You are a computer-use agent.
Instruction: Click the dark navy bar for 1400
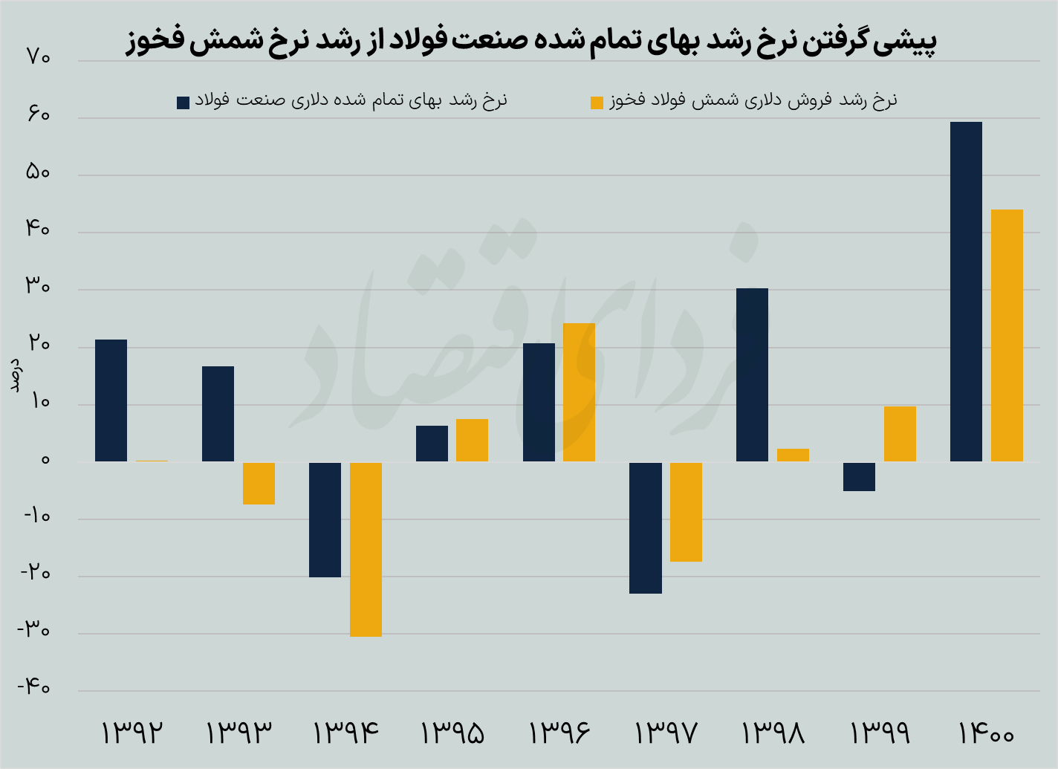pyautogui.click(x=966, y=291)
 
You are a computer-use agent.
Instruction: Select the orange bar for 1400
pyautogui.click(x=1007, y=335)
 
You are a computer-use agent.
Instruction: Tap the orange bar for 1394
pyautogui.click(x=366, y=549)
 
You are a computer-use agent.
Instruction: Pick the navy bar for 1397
pyautogui.click(x=646, y=528)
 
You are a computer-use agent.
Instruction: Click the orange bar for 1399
pyautogui.click(x=900, y=434)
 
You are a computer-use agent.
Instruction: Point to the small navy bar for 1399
pyautogui.click(x=859, y=476)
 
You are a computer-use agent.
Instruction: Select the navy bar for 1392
pyautogui.click(x=111, y=400)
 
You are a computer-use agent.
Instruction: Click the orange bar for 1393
pyautogui.click(x=259, y=483)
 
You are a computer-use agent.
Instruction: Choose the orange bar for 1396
pyautogui.click(x=579, y=392)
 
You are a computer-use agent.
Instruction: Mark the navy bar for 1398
pyautogui.click(x=752, y=374)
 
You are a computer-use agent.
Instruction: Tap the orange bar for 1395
pyautogui.click(x=472, y=440)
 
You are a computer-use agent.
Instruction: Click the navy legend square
pyautogui.click(x=183, y=103)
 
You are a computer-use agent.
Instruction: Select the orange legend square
pyautogui.click(x=597, y=103)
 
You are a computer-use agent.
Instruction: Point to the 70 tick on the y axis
pyautogui.click(x=37, y=57)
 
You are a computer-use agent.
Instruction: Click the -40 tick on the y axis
pyautogui.click(x=34, y=688)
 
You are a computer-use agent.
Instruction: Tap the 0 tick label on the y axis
pyautogui.click(x=45, y=460)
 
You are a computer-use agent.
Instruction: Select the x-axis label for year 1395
pyautogui.click(x=452, y=733)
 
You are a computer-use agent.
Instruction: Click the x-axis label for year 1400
pyautogui.click(x=986, y=733)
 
